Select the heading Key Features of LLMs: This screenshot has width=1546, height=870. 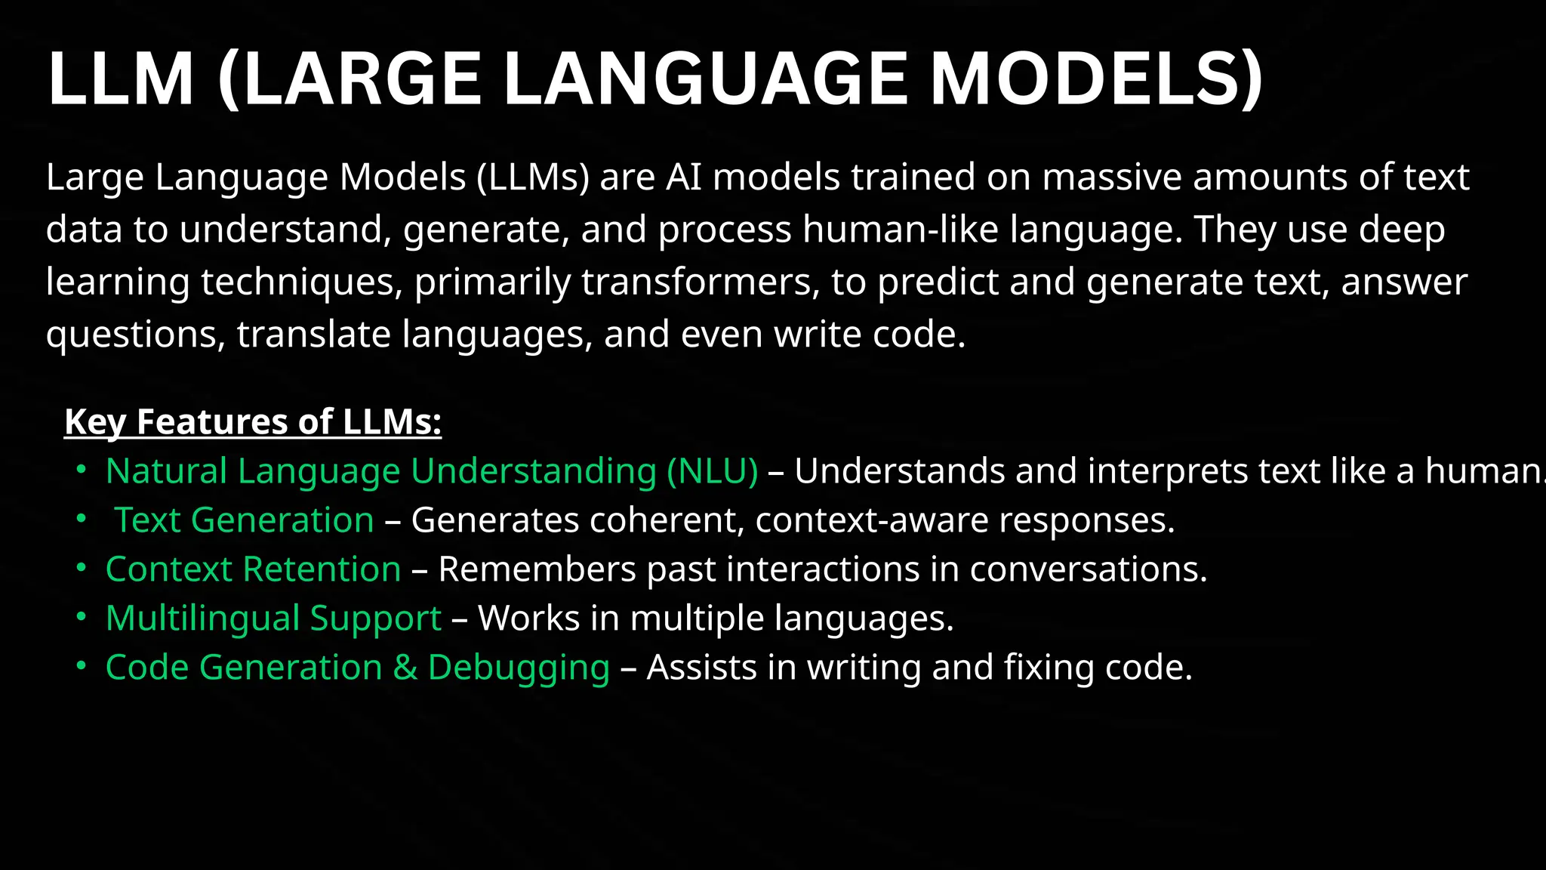pos(253,421)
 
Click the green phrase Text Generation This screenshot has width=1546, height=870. pos(244,520)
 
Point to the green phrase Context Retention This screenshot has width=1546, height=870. pos(253,569)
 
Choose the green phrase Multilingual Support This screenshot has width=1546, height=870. pos(273,619)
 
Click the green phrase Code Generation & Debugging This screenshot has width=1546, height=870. pos(357,668)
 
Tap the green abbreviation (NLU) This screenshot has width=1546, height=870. pos(712,471)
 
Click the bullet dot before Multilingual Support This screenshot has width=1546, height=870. pos(82,617)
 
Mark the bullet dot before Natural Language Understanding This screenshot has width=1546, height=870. pos(82,470)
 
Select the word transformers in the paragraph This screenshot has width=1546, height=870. pos(701,282)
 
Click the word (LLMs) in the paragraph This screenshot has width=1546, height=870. pos(533,177)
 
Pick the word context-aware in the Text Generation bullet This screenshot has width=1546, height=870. pos(871,520)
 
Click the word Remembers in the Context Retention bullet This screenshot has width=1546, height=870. pos(537,569)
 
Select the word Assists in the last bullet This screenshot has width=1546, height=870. pos(701,668)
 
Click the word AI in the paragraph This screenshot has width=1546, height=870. pos(684,177)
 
